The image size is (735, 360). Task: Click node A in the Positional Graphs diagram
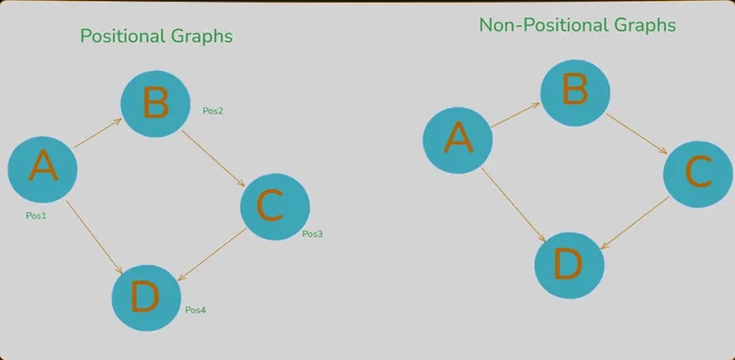coord(42,170)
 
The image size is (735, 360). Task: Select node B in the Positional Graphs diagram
coord(155,104)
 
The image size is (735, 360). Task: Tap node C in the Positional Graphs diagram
coord(275,207)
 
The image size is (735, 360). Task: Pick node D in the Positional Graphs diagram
coord(146,298)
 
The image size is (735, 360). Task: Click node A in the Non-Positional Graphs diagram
coord(458,141)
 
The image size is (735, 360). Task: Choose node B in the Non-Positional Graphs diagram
coord(575,93)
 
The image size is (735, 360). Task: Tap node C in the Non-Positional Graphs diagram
coord(698,174)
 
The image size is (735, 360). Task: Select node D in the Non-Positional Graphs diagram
coord(569,265)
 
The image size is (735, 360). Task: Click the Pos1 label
coord(36,216)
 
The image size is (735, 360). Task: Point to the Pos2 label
coord(213,111)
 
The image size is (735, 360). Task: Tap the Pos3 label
coord(312,234)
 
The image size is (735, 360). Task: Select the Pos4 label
coord(196,309)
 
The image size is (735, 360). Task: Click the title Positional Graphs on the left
coord(156,36)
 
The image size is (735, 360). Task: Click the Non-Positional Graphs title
coord(578,25)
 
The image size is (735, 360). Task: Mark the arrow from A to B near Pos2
coord(98,133)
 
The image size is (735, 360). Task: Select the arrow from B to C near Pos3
coord(213,159)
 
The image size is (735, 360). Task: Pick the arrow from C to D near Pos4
coord(212,254)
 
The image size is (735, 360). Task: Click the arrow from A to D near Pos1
coord(95,237)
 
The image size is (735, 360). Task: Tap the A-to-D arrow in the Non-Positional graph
coord(514,205)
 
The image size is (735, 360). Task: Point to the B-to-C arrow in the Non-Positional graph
coord(636,133)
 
